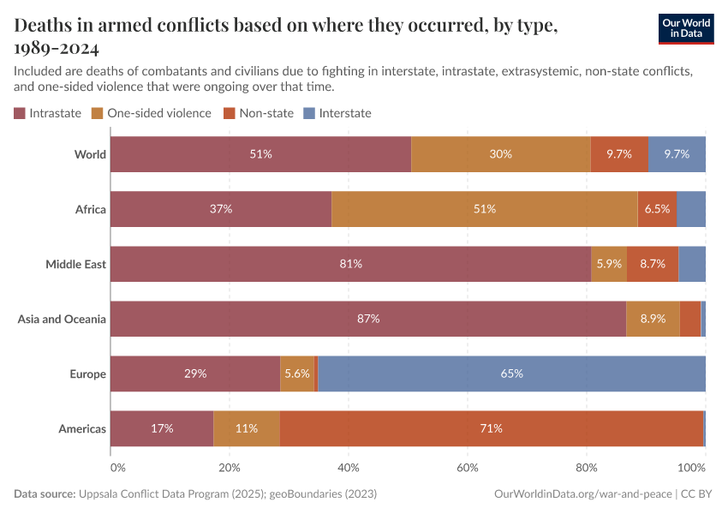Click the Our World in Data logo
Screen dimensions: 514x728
tap(686, 28)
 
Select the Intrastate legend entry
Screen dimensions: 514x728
tap(48, 113)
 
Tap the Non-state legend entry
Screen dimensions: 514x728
tap(258, 113)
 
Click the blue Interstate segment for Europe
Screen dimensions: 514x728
tap(511, 374)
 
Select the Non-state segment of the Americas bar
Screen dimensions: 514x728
tap(491, 428)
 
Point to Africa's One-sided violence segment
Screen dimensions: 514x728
tap(484, 209)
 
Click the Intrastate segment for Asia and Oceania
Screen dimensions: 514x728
tap(368, 319)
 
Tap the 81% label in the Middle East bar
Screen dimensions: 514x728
tap(350, 264)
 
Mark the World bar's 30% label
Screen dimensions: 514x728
tap(501, 154)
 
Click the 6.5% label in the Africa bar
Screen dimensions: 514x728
tap(657, 209)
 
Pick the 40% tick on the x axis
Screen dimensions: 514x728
tap(348, 469)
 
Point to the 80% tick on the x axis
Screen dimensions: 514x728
tap(586, 469)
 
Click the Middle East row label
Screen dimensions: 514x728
tap(75, 264)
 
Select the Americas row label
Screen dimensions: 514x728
tap(82, 428)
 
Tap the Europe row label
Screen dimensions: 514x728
tap(87, 374)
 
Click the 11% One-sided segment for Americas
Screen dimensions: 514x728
tap(247, 428)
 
